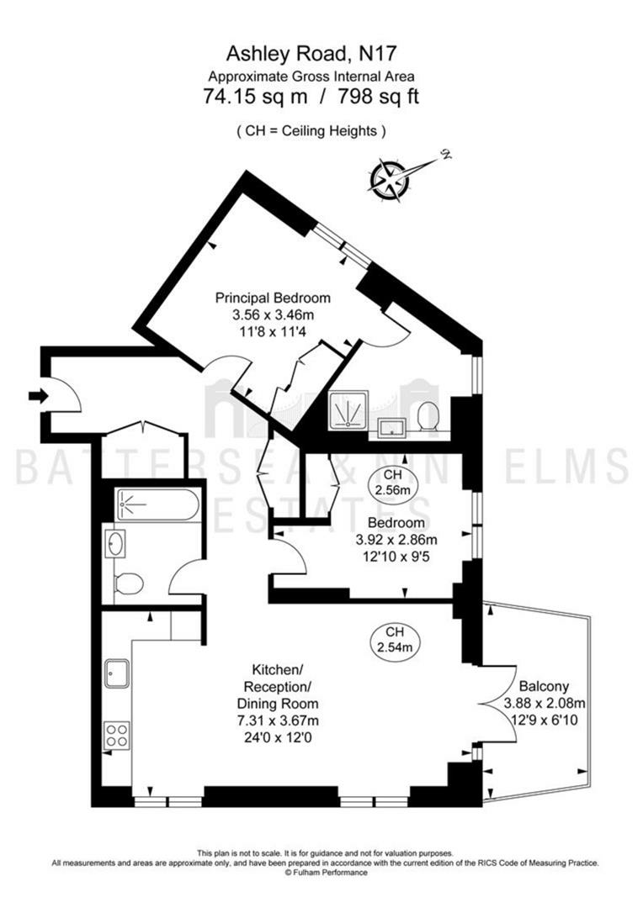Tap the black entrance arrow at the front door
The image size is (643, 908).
click(x=39, y=396)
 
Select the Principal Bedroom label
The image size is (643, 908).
click(x=273, y=298)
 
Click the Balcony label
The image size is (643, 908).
click(x=544, y=686)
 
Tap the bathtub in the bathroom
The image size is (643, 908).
click(x=157, y=505)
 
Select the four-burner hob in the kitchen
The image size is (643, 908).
click(x=117, y=734)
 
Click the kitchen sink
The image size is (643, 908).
click(x=117, y=673)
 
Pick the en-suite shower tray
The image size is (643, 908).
click(x=349, y=410)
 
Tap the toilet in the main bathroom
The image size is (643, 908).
click(x=129, y=583)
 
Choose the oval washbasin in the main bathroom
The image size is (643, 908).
click(x=115, y=544)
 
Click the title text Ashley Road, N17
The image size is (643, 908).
click(x=311, y=54)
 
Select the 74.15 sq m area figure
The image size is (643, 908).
click(x=255, y=96)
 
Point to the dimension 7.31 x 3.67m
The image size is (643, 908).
click(x=278, y=721)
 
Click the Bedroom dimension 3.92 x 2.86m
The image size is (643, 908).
click(x=396, y=541)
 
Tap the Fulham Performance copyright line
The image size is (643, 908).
click(x=326, y=873)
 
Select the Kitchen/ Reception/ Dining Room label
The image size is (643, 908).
click(x=278, y=687)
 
